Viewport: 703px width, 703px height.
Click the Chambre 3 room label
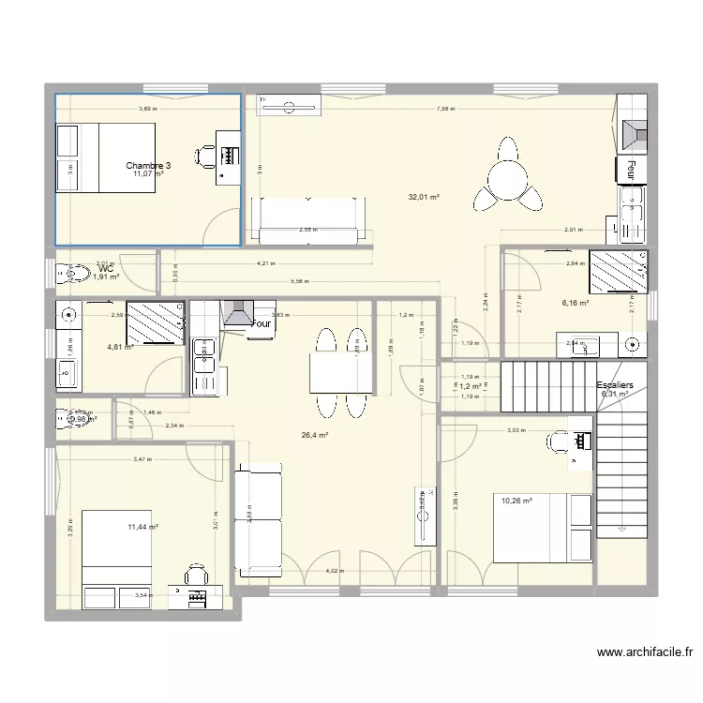(150, 165)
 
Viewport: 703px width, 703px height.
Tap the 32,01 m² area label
(424, 197)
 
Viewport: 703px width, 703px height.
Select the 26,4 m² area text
(314, 435)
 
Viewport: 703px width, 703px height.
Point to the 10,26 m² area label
(516, 501)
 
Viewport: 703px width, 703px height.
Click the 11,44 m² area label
(142, 529)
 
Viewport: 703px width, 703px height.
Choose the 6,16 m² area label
(575, 303)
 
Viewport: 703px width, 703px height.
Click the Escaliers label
(615, 385)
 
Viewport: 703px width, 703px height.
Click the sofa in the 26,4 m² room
(259, 520)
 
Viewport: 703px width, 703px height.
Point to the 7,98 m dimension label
(445, 110)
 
